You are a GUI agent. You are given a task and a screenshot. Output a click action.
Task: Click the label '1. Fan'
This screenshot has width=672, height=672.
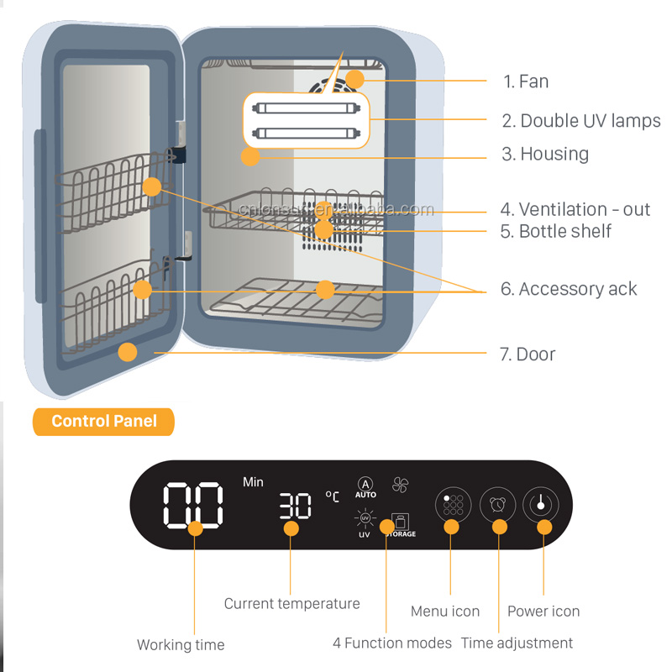526,81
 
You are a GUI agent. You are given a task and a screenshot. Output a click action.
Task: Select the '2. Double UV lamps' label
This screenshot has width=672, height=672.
581,120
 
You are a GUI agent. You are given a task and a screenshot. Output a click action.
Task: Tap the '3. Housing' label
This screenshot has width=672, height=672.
545,154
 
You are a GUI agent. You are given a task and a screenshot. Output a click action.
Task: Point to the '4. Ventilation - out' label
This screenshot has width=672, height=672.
575,209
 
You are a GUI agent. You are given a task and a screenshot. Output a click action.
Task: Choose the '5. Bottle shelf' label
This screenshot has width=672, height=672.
556,231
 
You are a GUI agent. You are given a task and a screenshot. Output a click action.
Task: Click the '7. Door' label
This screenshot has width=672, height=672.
528,354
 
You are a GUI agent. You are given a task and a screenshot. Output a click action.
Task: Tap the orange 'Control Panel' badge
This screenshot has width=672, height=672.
103,421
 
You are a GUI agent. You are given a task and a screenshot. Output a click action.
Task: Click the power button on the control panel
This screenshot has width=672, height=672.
540,505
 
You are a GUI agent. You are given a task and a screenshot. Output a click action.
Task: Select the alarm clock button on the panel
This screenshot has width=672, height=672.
497,505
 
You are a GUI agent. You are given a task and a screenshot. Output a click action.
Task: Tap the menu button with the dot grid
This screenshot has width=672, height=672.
453,505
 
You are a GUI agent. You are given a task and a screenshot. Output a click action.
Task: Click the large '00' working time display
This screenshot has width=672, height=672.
193,504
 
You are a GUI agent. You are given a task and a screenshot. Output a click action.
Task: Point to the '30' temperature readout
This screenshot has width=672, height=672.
295,506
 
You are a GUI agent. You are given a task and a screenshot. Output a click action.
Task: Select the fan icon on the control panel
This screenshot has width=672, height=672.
400,485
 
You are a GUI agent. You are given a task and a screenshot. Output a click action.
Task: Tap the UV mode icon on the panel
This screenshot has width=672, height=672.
365,521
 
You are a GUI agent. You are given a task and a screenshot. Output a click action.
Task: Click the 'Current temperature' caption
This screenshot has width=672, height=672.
291,603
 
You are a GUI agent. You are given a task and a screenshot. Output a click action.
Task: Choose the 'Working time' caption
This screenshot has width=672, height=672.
181,645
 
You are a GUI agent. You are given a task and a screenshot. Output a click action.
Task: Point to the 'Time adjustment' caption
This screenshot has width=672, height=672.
517,643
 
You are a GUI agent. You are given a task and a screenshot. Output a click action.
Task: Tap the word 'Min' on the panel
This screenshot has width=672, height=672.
253,481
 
